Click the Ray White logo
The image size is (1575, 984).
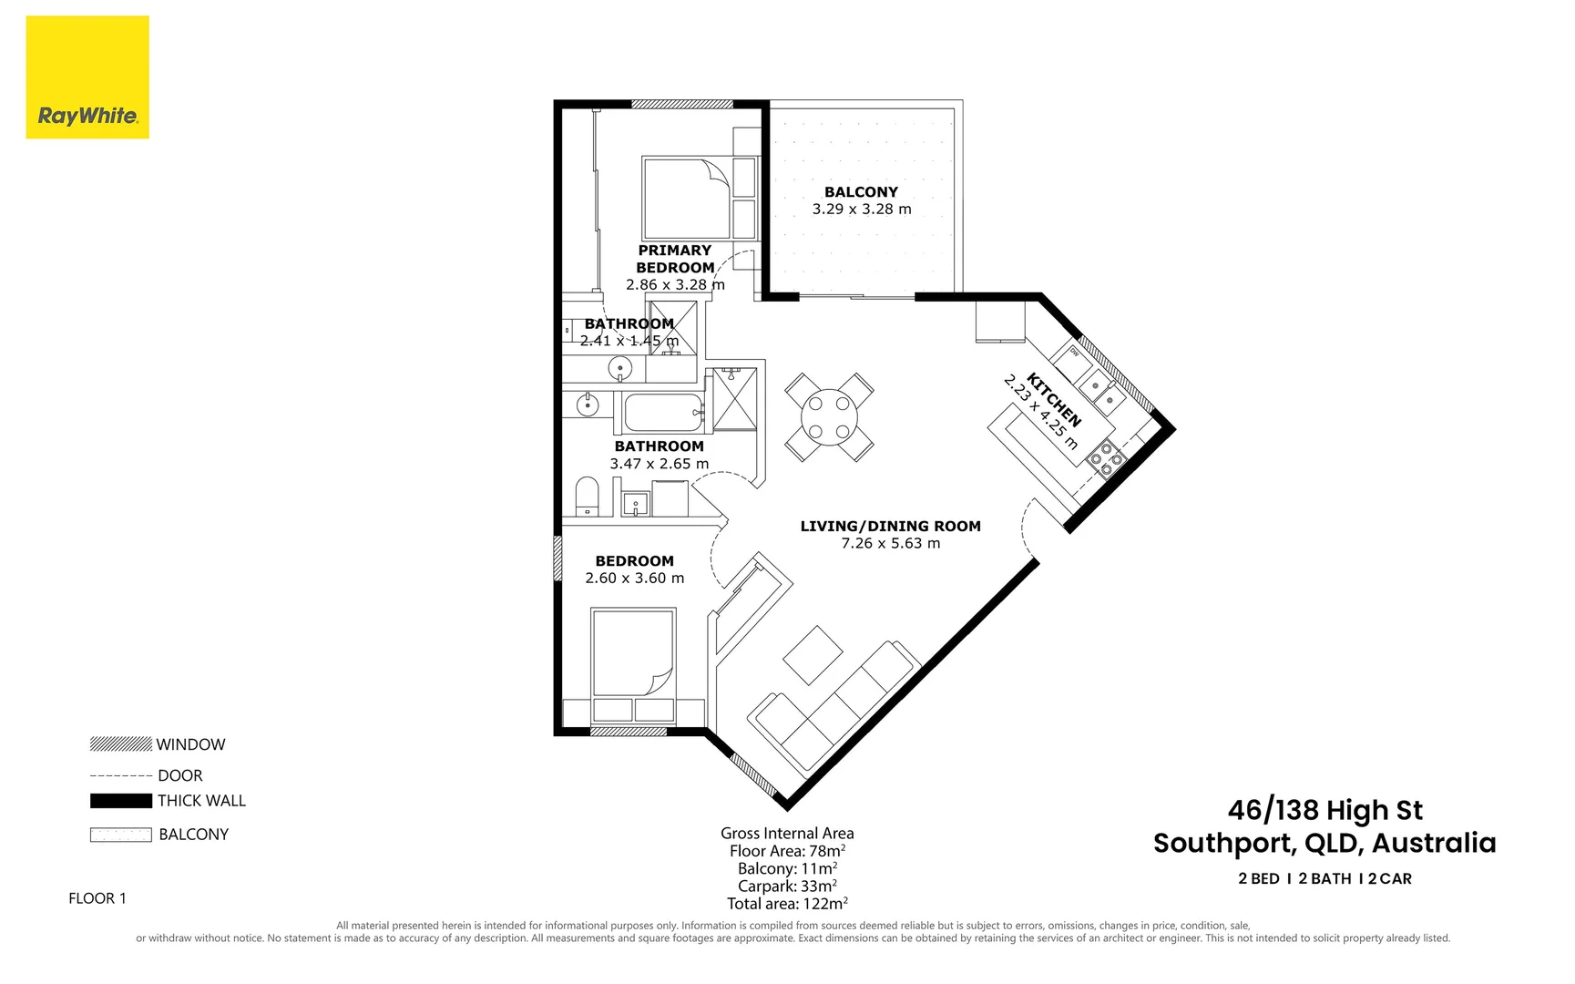click(x=87, y=78)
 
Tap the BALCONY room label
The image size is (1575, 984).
click(x=861, y=192)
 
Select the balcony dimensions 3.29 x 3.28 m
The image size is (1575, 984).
click(x=861, y=210)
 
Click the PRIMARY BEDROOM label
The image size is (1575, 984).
click(x=675, y=259)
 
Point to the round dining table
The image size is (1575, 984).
click(x=829, y=417)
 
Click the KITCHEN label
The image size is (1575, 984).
click(x=1054, y=399)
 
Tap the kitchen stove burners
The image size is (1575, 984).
click(x=1106, y=458)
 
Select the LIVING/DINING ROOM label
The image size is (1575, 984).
click(x=890, y=526)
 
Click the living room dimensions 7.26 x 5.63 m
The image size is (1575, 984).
click(x=890, y=543)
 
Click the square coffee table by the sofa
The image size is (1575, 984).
click(x=813, y=654)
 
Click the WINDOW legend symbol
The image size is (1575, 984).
click(x=121, y=744)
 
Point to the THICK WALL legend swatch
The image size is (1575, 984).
click(x=121, y=801)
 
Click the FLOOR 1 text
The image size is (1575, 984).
click(x=97, y=898)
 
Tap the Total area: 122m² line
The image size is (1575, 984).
click(x=787, y=904)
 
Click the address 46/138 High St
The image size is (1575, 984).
click(x=1324, y=810)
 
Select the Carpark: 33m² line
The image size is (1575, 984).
click(x=787, y=886)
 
